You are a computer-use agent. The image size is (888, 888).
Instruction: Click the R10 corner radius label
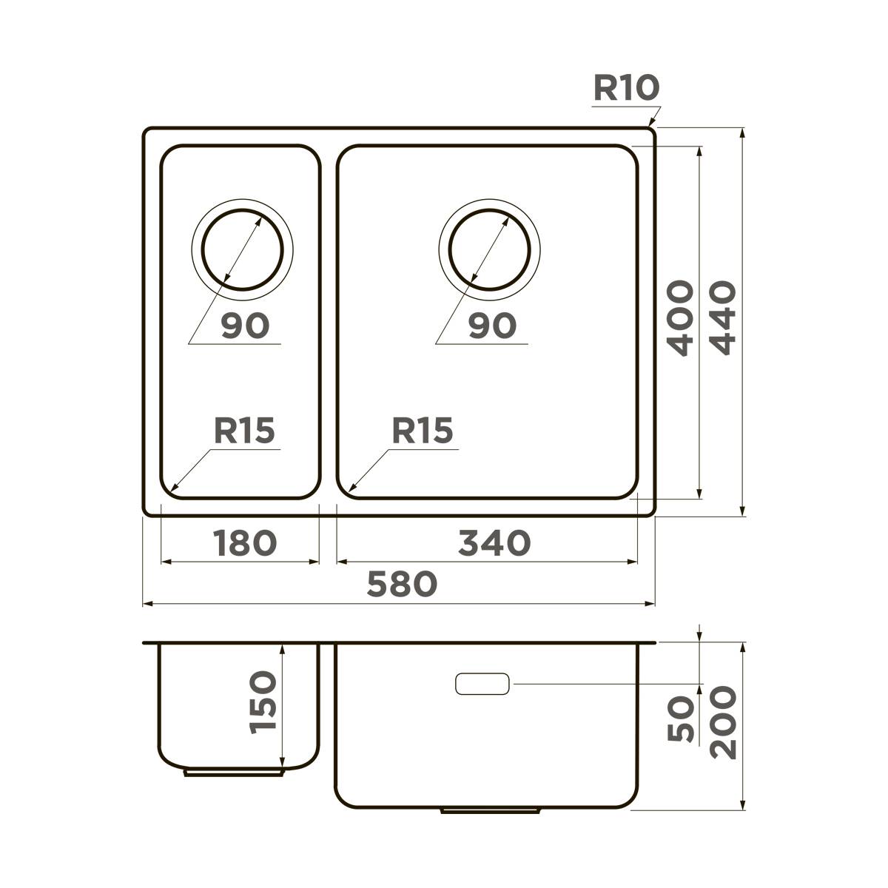625,88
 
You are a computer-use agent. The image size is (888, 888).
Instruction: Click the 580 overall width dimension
403,584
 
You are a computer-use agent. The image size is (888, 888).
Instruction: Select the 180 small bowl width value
244,542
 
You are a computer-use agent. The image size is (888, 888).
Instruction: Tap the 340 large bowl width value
494,542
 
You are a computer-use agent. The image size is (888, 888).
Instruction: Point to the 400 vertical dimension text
679,318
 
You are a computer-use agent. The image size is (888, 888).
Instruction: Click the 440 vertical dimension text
721,318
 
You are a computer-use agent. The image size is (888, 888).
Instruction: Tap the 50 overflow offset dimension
680,719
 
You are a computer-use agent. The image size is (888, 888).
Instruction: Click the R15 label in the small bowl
244,431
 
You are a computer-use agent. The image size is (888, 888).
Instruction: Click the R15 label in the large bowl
422,431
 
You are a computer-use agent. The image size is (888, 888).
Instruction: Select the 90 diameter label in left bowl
245,326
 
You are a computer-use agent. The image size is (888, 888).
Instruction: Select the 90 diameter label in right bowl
492,326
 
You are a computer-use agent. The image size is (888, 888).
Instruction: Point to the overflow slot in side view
482,684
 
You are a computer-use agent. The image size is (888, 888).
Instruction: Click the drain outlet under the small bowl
234,773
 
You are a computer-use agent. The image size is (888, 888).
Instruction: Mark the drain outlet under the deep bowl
490,811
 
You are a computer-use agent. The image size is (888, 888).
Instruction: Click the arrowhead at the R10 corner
651,125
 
